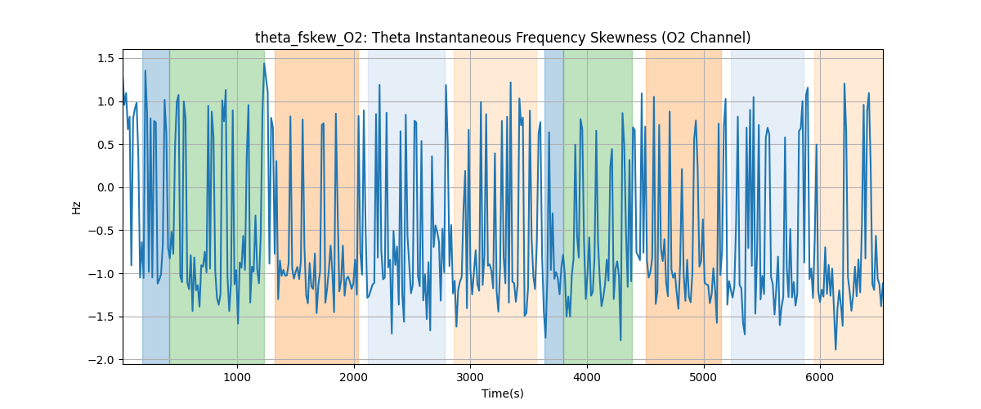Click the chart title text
[x=502, y=38]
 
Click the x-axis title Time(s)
[x=502, y=393]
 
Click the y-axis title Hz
[x=77, y=207]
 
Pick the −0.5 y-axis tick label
[x=103, y=231]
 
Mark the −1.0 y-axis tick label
[x=103, y=274]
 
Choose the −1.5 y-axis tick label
[x=103, y=317]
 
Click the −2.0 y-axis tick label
[x=103, y=360]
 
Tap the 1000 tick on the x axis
[x=237, y=376]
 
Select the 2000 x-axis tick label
[x=354, y=376]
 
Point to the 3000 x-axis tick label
[x=470, y=376]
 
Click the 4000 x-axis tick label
[x=587, y=376]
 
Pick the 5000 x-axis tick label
[x=704, y=376]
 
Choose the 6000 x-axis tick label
[x=820, y=376]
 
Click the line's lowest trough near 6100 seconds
[x=835, y=349]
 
